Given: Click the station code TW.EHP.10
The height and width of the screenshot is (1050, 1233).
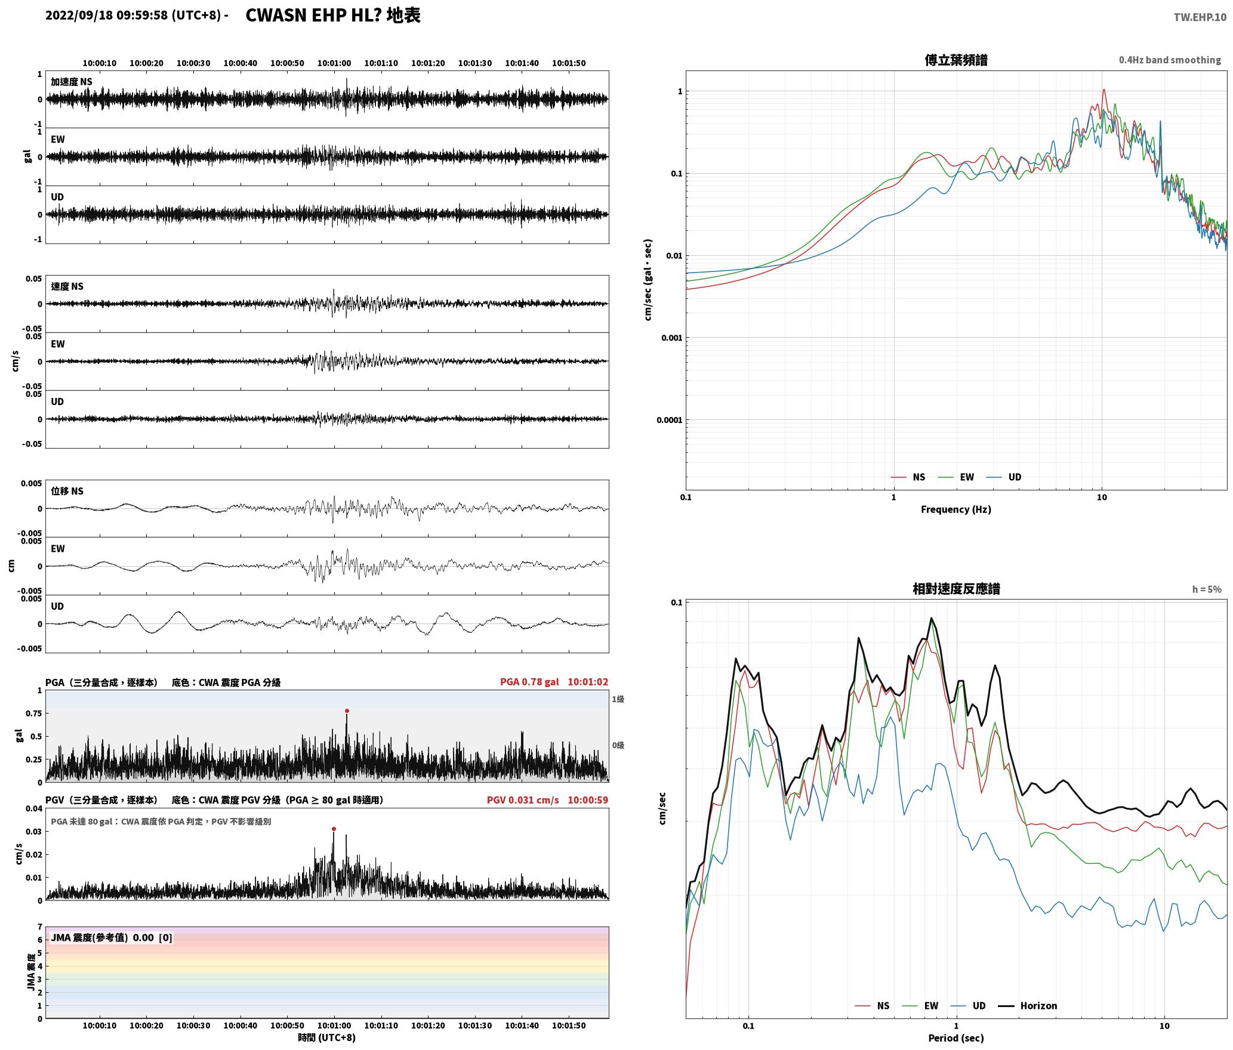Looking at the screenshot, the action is [1200, 17].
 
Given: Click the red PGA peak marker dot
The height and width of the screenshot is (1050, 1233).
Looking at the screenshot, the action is [347, 711].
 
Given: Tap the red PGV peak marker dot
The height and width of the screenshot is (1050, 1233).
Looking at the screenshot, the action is [334, 829].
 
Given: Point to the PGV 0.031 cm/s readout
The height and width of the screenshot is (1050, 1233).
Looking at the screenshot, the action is [523, 799].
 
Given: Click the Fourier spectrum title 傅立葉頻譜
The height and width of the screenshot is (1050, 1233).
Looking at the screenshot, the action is [955, 60].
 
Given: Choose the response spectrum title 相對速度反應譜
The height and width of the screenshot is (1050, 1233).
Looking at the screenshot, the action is [956, 588].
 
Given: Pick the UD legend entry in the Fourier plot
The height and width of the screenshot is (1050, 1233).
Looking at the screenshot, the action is [1004, 477].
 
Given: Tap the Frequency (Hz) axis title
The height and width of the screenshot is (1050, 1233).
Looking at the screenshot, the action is [955, 509].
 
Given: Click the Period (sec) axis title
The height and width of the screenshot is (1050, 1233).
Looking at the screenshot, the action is [955, 1037].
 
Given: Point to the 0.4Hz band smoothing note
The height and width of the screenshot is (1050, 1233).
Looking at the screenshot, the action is [1170, 60].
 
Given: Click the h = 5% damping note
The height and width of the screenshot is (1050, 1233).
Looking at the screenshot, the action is [1207, 589].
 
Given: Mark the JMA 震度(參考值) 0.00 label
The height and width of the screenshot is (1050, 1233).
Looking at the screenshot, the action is [112, 937].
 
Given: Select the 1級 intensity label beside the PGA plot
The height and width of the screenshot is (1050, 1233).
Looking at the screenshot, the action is [618, 699].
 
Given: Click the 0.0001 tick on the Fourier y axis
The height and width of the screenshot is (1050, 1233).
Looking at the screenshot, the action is [670, 420].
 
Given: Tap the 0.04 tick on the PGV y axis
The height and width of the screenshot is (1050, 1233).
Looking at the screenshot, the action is [35, 808].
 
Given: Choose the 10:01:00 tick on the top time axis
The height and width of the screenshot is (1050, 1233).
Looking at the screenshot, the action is [334, 63].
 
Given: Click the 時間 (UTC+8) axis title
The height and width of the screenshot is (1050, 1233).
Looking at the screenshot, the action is [327, 1037].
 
